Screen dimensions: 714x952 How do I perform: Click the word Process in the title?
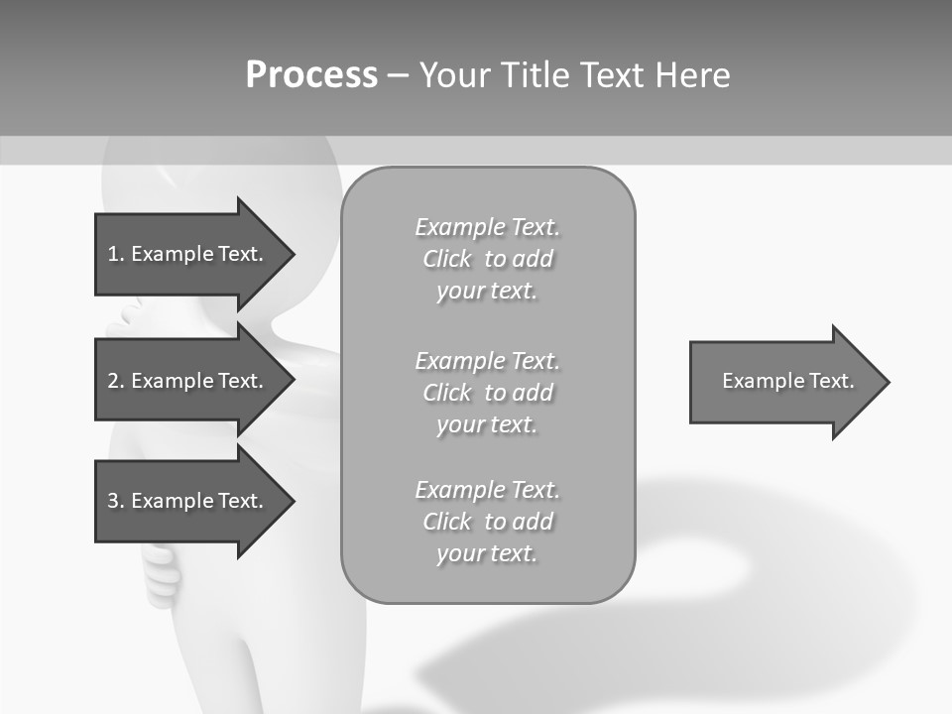(x=311, y=75)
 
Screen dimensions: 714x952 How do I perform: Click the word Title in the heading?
(x=535, y=75)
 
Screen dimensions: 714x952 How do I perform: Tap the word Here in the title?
(x=692, y=75)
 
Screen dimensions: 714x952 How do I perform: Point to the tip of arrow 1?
(x=294, y=254)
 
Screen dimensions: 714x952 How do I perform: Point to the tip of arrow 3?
(x=294, y=501)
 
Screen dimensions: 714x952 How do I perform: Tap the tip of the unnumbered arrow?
(x=889, y=382)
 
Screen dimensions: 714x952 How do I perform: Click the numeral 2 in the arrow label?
(x=113, y=381)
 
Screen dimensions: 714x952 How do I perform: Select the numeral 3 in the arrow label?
(x=113, y=501)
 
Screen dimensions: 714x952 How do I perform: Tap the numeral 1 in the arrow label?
(x=113, y=254)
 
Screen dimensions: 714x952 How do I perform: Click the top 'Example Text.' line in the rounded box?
(x=487, y=227)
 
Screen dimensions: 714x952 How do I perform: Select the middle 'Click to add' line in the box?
(x=487, y=393)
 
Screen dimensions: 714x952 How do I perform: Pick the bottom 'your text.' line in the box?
(x=487, y=553)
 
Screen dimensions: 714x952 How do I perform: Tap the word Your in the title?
(x=456, y=75)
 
